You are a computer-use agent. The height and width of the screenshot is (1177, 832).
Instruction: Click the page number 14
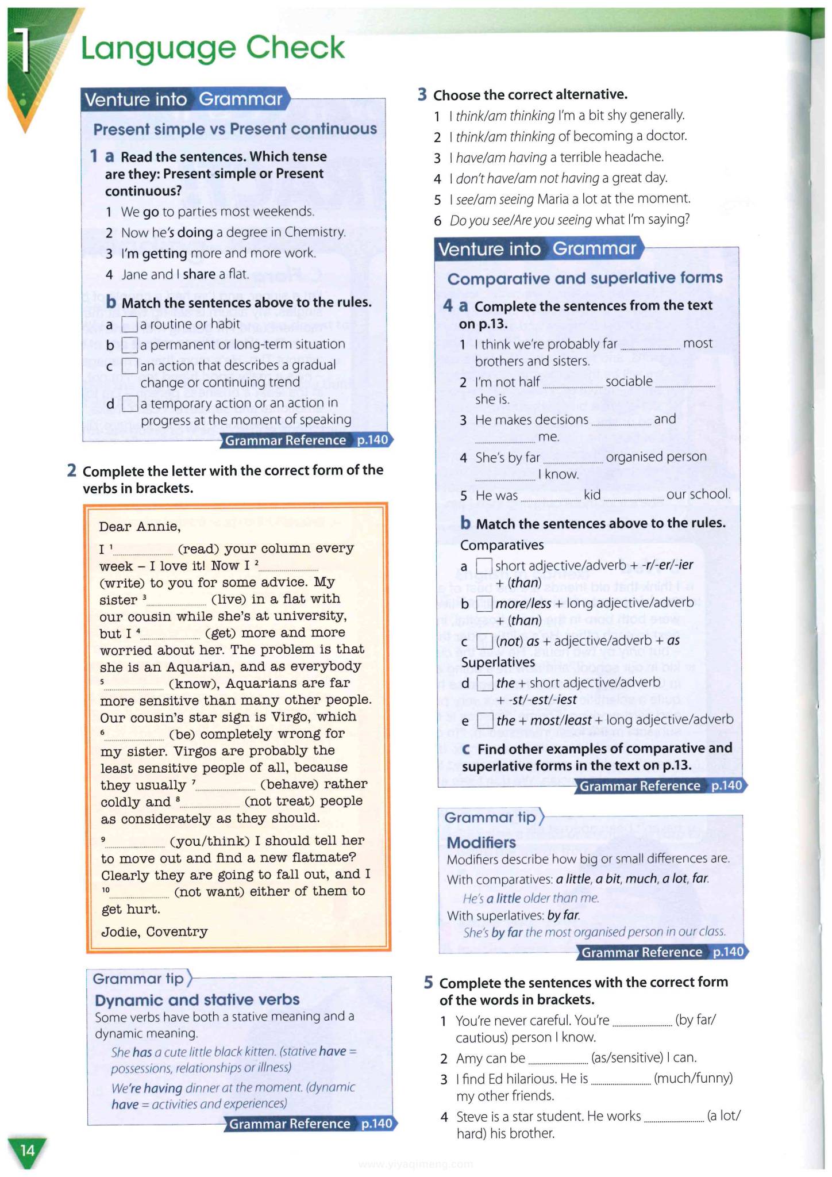coord(27,1150)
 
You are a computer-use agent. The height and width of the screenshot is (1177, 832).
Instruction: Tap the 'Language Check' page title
coord(213,48)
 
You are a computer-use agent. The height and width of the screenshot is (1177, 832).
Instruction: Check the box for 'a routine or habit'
coord(130,325)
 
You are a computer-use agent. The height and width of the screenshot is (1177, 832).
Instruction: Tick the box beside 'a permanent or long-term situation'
coord(130,345)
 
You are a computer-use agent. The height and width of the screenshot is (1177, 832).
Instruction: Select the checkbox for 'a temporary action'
coord(130,404)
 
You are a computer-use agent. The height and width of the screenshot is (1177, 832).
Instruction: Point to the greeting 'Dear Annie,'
coord(140,527)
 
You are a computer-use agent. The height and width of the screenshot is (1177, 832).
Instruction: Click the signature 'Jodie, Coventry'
coord(155,931)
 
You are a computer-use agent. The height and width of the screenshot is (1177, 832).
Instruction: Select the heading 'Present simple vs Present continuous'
coord(235,129)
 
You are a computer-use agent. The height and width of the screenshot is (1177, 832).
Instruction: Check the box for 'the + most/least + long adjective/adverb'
coord(486,720)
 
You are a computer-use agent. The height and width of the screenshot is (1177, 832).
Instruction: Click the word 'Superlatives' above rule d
coord(498,662)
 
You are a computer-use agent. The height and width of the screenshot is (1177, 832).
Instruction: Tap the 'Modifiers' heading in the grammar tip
coord(481,842)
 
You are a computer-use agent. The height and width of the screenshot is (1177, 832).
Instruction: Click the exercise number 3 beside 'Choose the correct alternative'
coord(422,94)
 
